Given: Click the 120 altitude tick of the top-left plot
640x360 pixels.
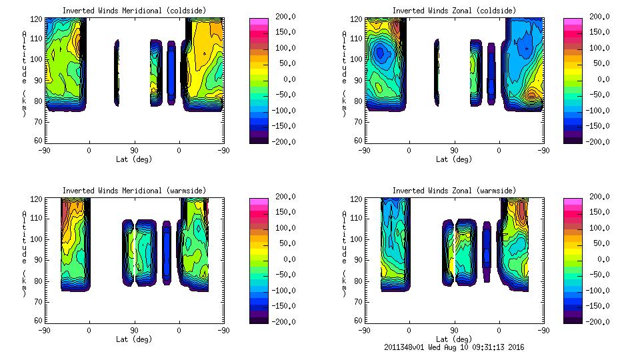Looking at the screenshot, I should [38, 20].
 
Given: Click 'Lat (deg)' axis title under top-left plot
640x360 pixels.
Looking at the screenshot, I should [133, 159].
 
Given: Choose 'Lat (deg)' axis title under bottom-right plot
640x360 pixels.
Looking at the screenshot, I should [454, 339].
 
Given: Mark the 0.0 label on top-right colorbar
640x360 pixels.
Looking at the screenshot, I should [597, 79].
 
